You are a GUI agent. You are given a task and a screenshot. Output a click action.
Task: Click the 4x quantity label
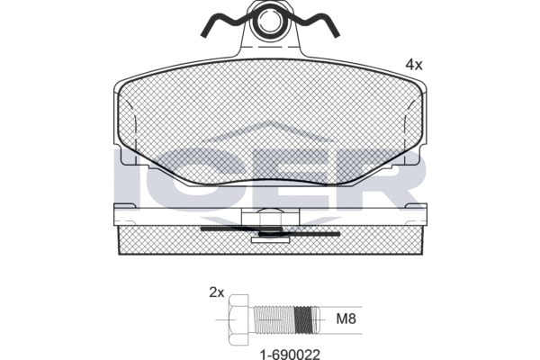coord(414,65)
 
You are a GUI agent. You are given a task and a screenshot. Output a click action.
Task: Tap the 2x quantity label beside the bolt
coord(217,292)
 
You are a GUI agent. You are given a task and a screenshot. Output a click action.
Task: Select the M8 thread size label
coord(346,319)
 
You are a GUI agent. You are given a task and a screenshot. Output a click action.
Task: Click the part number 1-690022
coord(290,355)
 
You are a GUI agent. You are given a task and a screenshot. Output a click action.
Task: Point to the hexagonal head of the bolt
coord(238,319)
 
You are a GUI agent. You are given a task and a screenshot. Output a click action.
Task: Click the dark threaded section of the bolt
coord(304,320)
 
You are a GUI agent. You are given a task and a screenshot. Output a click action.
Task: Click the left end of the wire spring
coord(204,34)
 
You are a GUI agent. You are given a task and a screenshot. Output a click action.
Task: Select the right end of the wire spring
coord(337,34)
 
